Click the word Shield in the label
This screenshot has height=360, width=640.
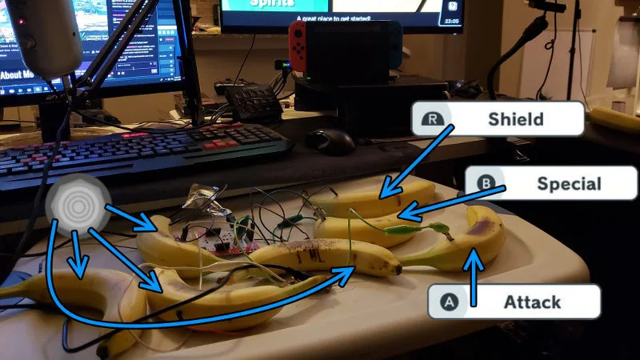point(515,119)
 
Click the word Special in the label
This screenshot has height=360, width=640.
point(568,184)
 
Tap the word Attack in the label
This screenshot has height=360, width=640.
point(532,302)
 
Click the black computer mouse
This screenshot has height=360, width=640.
point(330,141)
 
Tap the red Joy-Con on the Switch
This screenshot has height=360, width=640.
point(298,45)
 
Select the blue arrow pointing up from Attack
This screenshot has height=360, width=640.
point(475,276)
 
